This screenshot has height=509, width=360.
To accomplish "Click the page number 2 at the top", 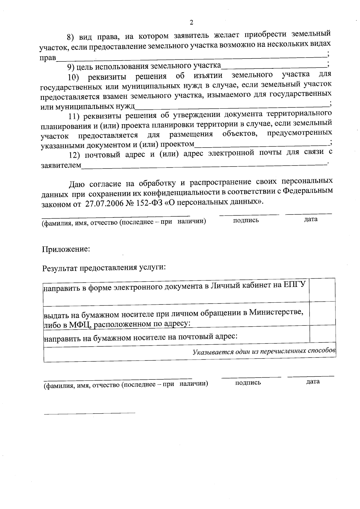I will (191, 23).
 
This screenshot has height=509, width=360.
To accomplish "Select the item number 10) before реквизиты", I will (73, 78).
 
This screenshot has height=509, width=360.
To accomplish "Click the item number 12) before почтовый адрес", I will (74, 155).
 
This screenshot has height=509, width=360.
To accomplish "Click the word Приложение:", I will (66, 249).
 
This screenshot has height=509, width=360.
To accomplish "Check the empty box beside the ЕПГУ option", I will (322, 290).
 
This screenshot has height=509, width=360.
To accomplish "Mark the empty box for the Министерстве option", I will (322, 313).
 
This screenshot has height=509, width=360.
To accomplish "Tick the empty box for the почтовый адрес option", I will (322, 334).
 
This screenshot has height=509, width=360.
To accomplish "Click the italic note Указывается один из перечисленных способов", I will (264, 351).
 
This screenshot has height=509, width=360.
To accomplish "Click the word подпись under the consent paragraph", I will (246, 220).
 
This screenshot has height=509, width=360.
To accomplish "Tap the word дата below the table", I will (313, 382).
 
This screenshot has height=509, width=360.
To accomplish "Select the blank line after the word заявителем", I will (204, 165).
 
